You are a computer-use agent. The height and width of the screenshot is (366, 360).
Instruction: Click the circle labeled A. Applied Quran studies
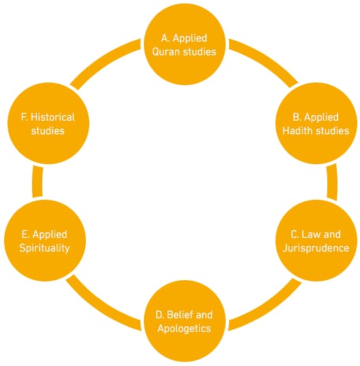[x=185, y=44]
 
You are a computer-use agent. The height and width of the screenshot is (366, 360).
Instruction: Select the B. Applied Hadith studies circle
[x=316, y=123]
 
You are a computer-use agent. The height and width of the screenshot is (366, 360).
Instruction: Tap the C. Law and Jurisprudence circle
[x=316, y=241]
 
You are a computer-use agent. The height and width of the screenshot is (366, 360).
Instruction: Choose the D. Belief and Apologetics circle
[x=185, y=321]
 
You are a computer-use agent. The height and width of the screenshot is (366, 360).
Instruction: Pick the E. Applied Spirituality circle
[x=45, y=241]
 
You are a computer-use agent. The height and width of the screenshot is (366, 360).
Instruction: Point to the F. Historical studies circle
[x=48, y=123]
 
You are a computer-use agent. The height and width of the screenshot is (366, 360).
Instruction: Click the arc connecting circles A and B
[x=266, y=59]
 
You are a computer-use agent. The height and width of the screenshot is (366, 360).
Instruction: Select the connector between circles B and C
[x=332, y=182]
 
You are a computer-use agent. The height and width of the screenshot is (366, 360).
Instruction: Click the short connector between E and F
[x=37, y=181]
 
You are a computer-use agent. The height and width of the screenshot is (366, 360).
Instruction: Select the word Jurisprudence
[x=316, y=248]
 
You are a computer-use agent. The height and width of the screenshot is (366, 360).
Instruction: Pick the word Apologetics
[x=185, y=329]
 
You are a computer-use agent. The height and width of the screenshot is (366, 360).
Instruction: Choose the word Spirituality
[x=44, y=248]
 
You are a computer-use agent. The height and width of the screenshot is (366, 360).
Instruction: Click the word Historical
[x=52, y=117]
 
